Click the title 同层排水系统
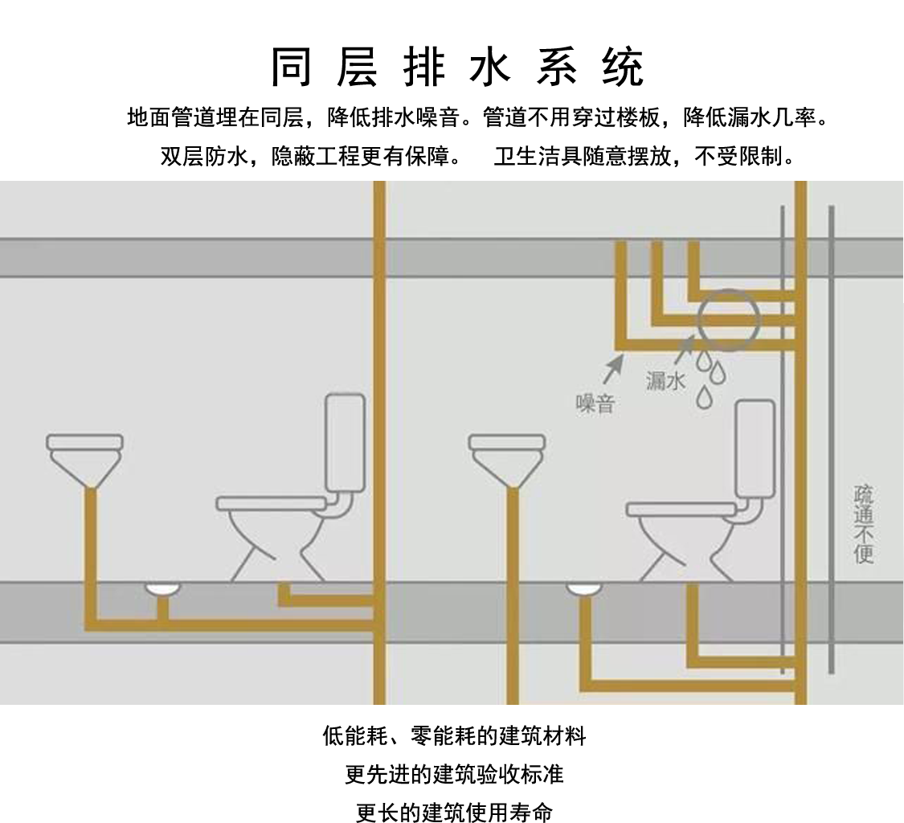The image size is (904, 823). (456, 67)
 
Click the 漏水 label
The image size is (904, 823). (666, 381)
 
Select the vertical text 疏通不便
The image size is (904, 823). (864, 523)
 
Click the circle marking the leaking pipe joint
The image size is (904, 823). (728, 321)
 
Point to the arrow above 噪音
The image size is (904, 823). (613, 368)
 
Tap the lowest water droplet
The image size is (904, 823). (704, 396)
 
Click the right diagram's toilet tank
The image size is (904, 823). (755, 448)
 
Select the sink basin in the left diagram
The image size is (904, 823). (84, 455)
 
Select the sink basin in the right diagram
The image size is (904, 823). (506, 455)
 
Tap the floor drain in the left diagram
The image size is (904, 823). (162, 589)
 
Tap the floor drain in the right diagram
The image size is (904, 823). (584, 589)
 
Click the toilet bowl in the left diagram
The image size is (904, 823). (272, 530)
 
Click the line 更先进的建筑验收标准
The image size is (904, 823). (454, 774)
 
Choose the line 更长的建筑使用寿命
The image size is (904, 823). (454, 812)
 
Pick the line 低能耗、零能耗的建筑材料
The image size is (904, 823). (454, 735)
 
